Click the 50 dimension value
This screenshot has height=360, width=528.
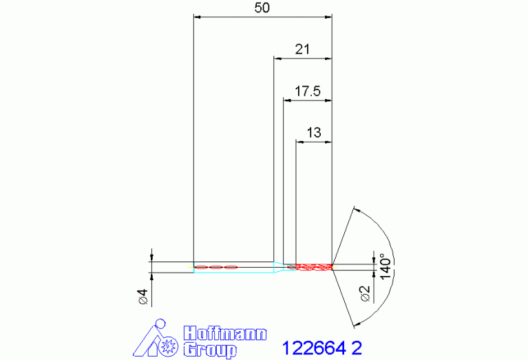click(x=262, y=8)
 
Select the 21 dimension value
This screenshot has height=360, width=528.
click(x=302, y=50)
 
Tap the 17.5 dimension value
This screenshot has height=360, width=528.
click(x=308, y=92)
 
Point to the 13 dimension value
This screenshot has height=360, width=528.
click(x=314, y=133)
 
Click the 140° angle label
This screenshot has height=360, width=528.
click(x=386, y=266)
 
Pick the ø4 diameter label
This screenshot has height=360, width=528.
click(x=143, y=297)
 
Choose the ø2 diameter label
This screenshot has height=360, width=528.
click(x=365, y=294)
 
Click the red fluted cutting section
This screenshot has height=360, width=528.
click(x=314, y=267)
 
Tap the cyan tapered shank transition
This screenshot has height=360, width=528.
click(x=278, y=267)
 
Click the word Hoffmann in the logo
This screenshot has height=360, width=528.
click(x=225, y=334)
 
